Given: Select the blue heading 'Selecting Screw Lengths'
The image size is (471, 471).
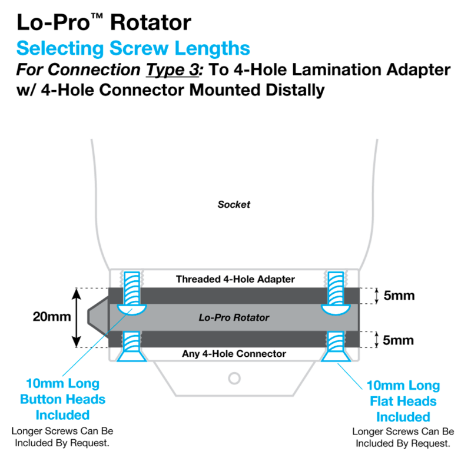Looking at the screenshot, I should pos(133,48).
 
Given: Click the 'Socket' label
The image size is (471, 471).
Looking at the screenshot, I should pos(234,205).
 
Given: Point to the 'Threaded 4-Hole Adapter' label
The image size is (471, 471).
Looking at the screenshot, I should pos(235,278).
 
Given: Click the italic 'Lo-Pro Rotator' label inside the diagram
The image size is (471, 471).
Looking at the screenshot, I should pos(234,317).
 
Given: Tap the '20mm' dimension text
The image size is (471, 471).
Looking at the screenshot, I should pos(52,317).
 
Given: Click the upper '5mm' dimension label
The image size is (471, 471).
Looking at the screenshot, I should pos(399,296).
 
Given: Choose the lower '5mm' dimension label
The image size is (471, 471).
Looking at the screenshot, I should pos(399,340).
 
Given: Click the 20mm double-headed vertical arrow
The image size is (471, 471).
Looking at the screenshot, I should pos(76,317).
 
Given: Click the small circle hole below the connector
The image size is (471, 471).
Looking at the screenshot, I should pos(234,377).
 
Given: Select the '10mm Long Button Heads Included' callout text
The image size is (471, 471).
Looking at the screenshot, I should pos(62,399).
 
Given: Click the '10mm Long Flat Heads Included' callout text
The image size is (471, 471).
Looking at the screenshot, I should pos(403,402).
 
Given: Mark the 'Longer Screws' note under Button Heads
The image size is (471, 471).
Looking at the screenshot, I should pos(62,436).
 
